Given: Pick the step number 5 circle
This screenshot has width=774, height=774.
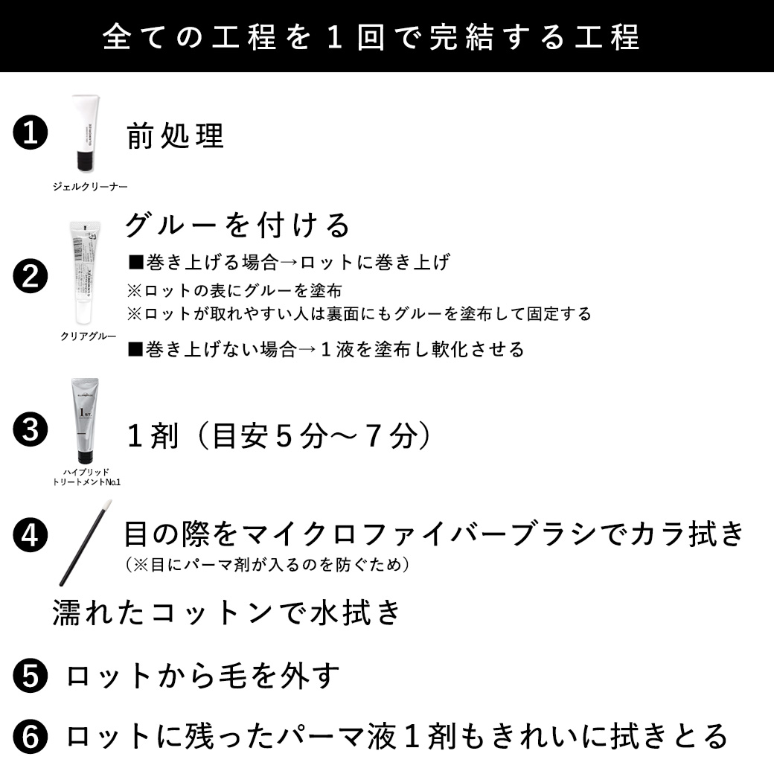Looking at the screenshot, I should tap(31, 676).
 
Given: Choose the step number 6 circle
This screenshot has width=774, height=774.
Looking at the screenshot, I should tap(31, 736).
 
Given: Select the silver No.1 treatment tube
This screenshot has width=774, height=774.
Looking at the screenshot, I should tap(84, 421).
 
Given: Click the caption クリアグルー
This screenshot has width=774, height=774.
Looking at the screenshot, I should tap(89, 336).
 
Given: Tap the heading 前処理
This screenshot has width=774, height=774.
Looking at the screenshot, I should tap(176, 136).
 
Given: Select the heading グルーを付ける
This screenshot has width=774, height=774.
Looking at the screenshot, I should tap(237, 225).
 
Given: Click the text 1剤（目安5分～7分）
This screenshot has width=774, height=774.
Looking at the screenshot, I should tap(280, 436).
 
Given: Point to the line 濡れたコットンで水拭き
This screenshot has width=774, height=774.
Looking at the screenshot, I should tap(227, 613).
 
